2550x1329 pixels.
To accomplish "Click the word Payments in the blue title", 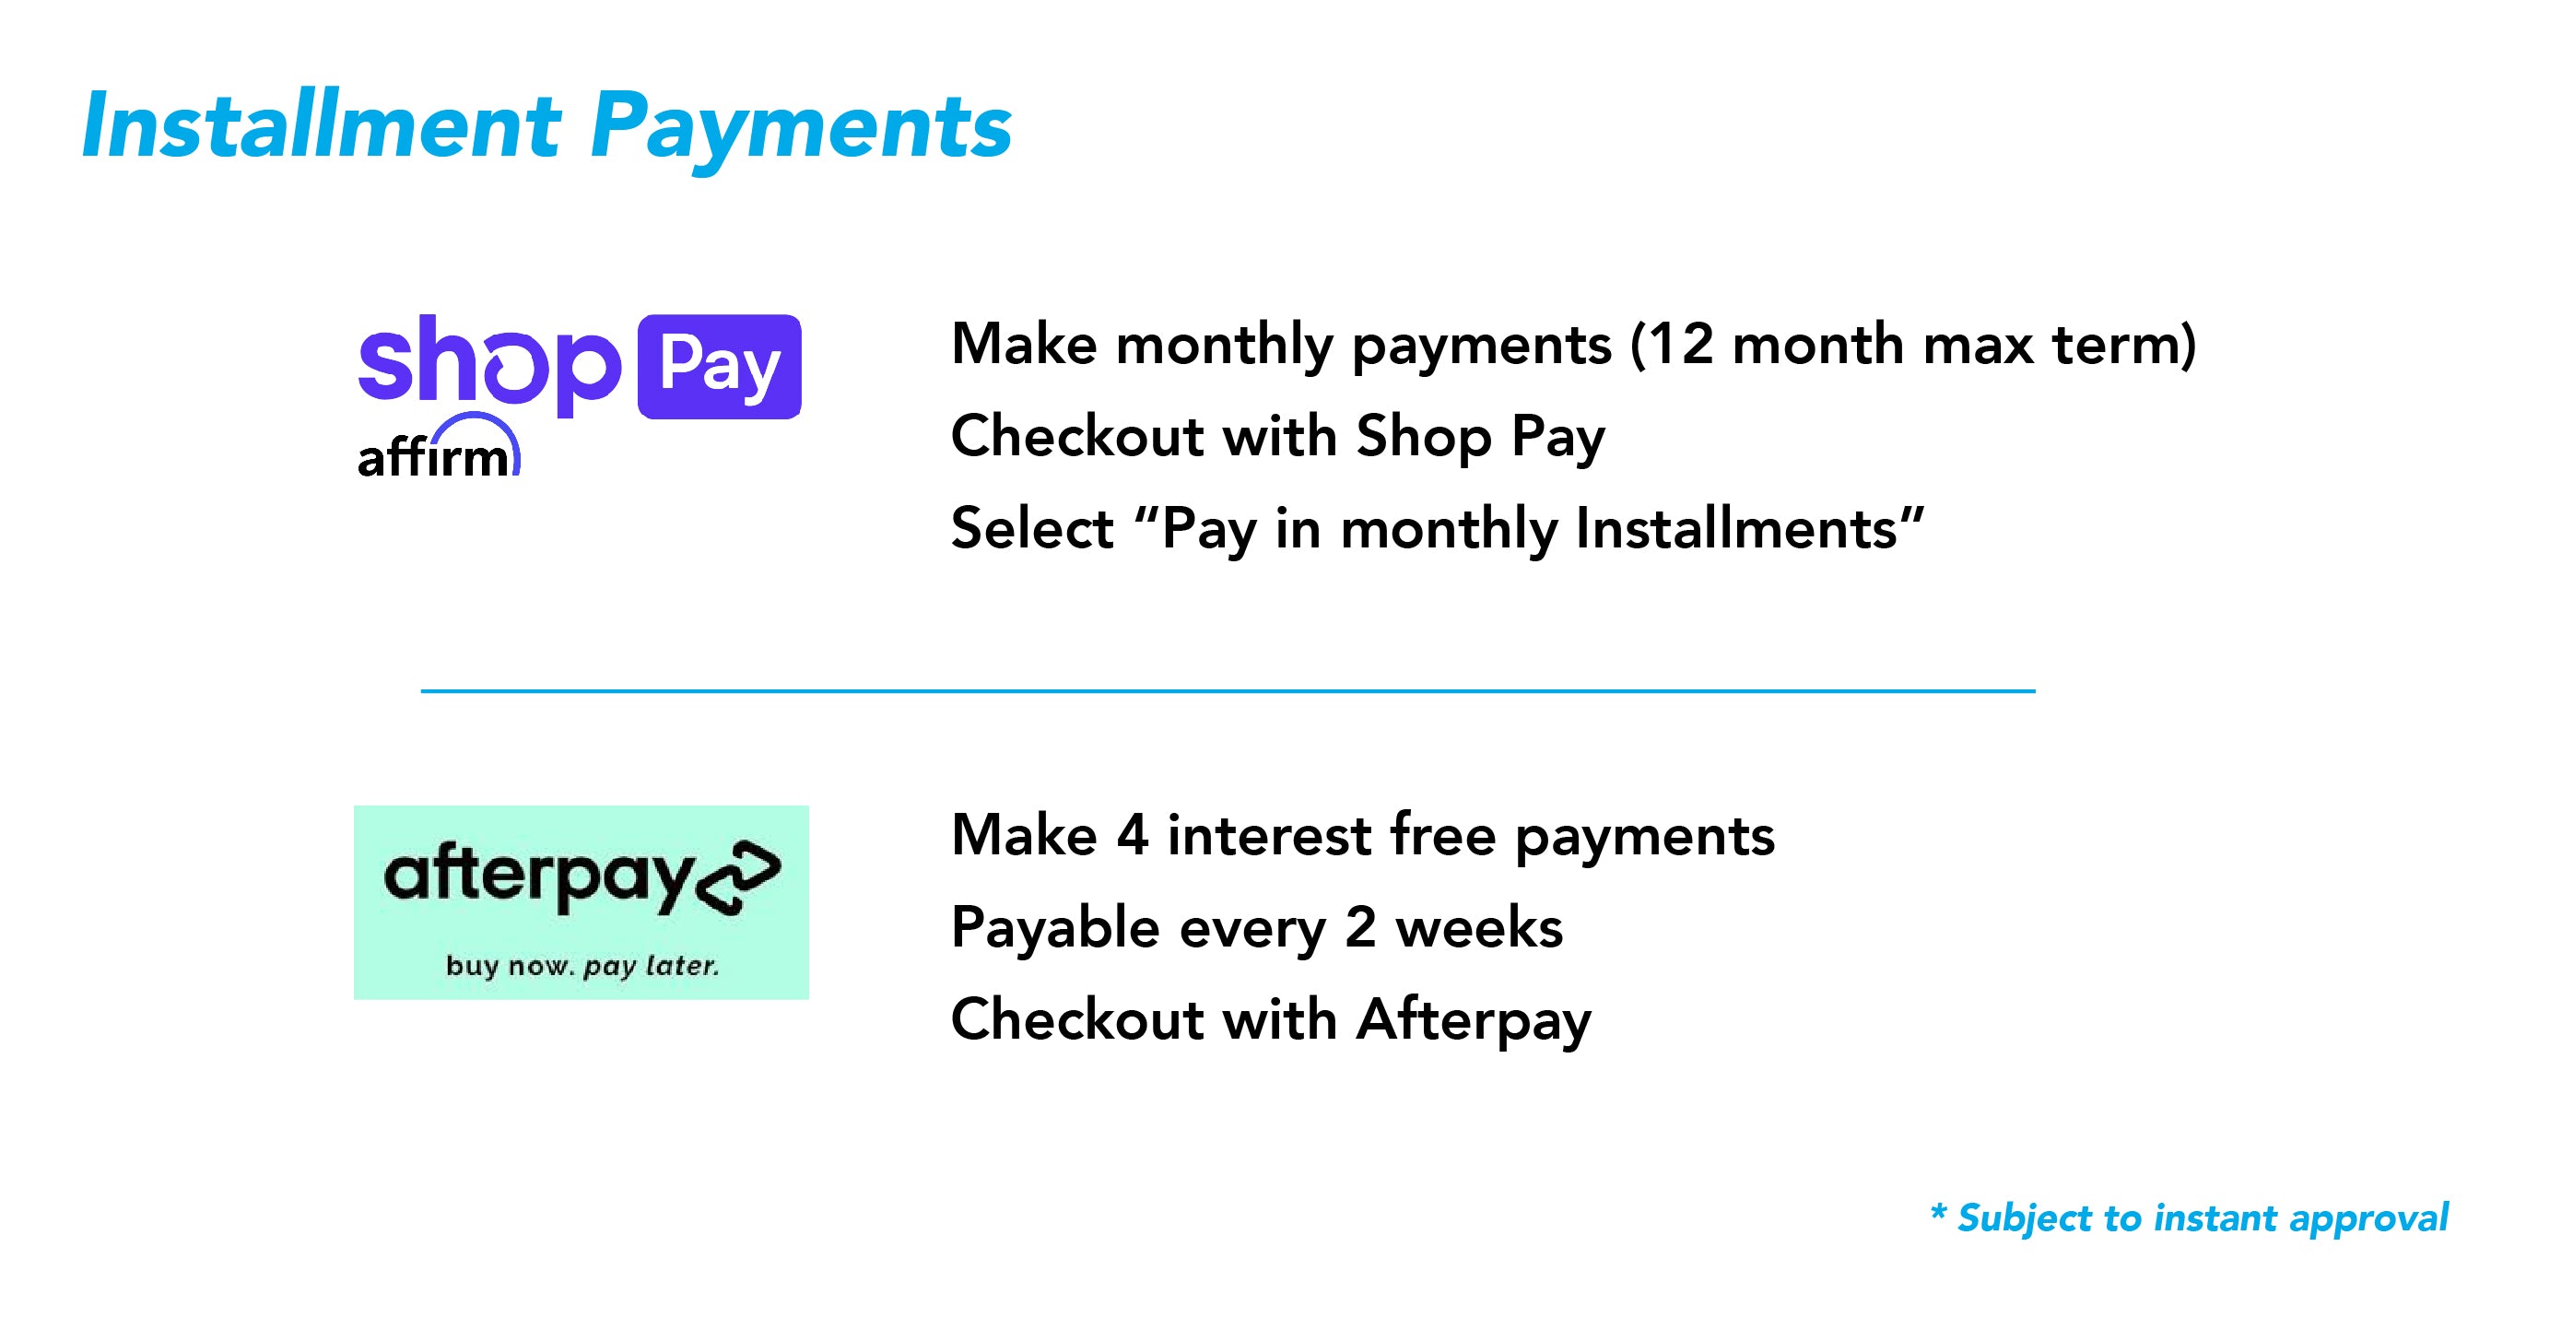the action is pyautogui.click(x=801, y=133).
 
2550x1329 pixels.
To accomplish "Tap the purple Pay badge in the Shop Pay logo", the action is pyautogui.click(x=720, y=367).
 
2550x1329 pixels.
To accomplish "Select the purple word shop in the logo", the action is pyautogui.click(x=490, y=364).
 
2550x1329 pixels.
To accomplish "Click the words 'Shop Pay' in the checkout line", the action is pyautogui.click(x=1481, y=438).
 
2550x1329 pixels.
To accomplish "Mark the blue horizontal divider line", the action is pyautogui.click(x=1228, y=690).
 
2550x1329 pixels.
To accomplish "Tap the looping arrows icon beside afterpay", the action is pyautogui.click(x=738, y=877).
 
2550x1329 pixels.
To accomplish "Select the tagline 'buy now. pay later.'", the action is pyautogui.click(x=582, y=966).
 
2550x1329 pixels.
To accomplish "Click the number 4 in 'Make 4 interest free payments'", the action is pyautogui.click(x=1133, y=835).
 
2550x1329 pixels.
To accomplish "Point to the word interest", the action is pyautogui.click(x=1269, y=835).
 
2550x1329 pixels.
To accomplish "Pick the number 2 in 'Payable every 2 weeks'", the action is pyautogui.click(x=1360, y=928).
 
